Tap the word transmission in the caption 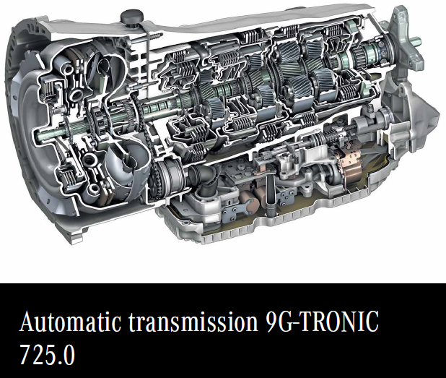point(193,322)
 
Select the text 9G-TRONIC point(322,321)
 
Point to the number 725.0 point(47,355)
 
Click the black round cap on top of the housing point(131,17)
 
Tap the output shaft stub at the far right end point(415,42)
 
